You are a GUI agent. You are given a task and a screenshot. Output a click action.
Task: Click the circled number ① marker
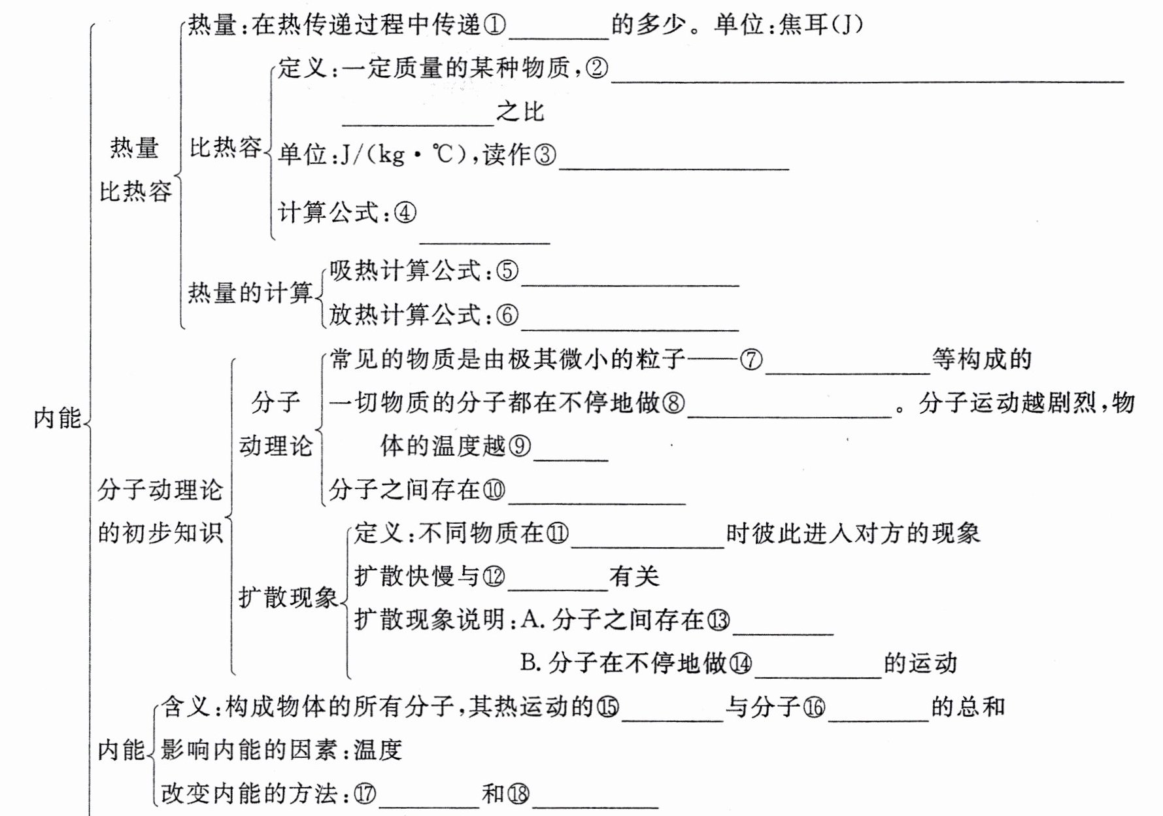[x=494, y=25]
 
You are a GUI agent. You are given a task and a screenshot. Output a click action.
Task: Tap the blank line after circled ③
[x=673, y=163]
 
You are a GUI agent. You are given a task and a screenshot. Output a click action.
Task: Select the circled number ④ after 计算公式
[x=405, y=212]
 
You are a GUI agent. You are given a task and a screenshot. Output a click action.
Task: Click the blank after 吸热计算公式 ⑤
[x=630, y=279]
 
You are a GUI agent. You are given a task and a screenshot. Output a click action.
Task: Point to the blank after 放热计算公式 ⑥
[x=630, y=324]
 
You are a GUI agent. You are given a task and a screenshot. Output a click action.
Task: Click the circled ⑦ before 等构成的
[x=751, y=360]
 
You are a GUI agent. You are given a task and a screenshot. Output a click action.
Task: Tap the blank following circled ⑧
[x=789, y=410]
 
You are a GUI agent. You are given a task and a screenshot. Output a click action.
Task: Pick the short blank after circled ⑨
[x=571, y=454]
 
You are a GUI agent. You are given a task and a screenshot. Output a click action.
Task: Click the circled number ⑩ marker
[x=494, y=490]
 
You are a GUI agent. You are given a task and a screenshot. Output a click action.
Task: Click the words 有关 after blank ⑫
[x=634, y=577]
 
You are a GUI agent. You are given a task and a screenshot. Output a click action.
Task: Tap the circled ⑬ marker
[x=718, y=620]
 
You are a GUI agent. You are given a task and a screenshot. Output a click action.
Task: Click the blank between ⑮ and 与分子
[x=672, y=715]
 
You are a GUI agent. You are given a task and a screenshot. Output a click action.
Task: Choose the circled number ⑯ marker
[x=814, y=707]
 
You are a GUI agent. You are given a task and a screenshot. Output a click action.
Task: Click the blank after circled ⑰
[x=429, y=802]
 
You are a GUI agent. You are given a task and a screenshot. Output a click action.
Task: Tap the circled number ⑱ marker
[x=518, y=794]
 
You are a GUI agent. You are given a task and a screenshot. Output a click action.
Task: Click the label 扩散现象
[x=288, y=598]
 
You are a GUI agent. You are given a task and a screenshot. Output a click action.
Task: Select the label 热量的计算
[x=250, y=292]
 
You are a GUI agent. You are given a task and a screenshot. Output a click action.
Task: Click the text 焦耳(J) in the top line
[x=821, y=25]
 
